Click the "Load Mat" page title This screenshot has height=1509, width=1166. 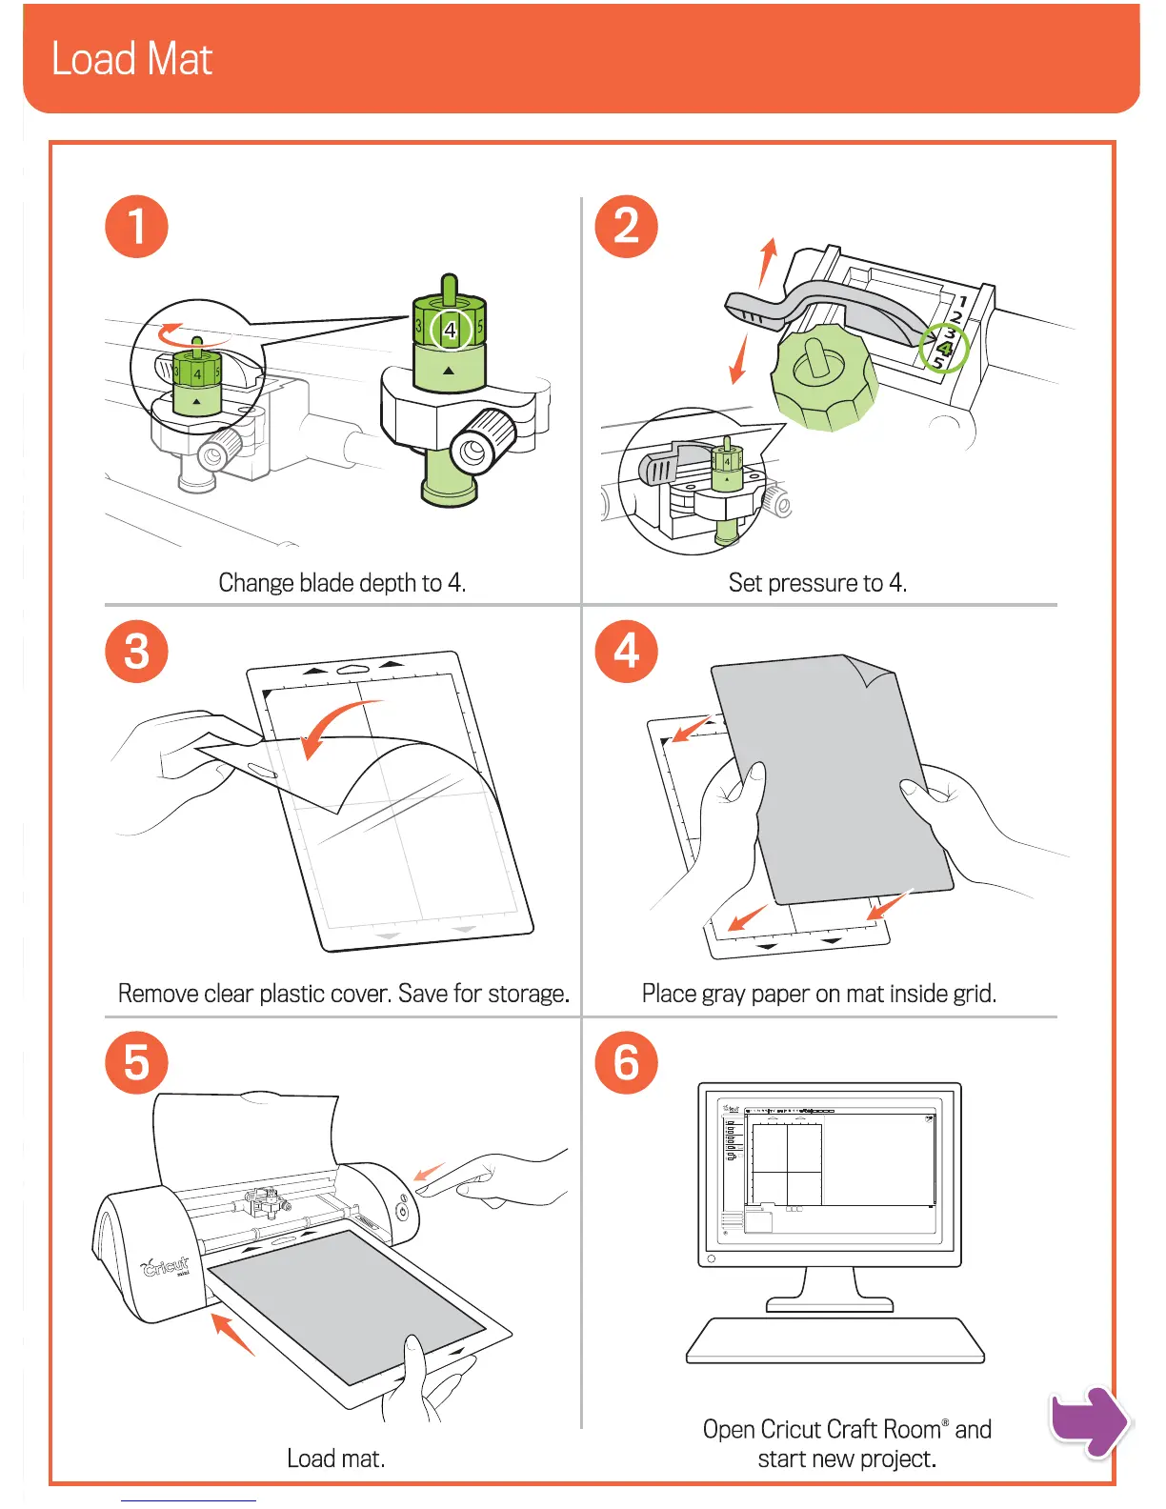(131, 59)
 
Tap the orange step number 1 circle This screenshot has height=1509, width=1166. (136, 227)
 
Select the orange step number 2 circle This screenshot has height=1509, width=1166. (626, 227)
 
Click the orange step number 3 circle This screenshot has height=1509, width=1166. (136, 652)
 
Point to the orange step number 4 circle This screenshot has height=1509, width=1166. (626, 652)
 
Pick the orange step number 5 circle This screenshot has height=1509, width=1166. (136, 1062)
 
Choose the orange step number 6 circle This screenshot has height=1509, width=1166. (626, 1062)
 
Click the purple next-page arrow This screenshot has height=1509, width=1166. (1089, 1421)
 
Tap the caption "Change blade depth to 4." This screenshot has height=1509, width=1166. (342, 583)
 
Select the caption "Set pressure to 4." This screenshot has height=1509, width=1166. (817, 583)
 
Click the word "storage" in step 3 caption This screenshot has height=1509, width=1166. (527, 994)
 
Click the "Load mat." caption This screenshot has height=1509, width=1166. (335, 1459)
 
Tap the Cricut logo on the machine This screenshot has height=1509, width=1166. (166, 1266)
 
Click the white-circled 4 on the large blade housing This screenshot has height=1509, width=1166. (451, 331)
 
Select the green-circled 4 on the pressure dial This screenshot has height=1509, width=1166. (944, 348)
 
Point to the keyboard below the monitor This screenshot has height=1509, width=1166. (834, 1340)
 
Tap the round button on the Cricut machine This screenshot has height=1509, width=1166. (402, 1211)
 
